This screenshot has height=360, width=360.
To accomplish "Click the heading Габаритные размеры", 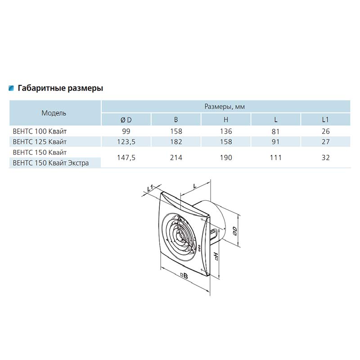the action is [x=60, y=88].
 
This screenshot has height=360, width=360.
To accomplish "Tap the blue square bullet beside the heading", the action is [x=11, y=88].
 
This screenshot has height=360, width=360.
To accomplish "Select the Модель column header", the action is [x=54, y=113].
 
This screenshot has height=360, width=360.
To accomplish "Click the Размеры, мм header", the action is [x=225, y=107].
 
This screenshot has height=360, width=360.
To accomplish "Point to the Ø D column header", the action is [x=126, y=120].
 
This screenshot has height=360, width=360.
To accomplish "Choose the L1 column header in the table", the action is [x=325, y=120].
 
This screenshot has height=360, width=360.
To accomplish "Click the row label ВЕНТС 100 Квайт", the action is [x=40, y=131].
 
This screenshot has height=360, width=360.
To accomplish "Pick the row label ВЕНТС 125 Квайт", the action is [x=40, y=142].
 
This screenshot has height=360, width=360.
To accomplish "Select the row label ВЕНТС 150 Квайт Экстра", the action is [x=51, y=163].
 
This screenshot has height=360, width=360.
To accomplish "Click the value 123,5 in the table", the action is [x=126, y=142].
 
